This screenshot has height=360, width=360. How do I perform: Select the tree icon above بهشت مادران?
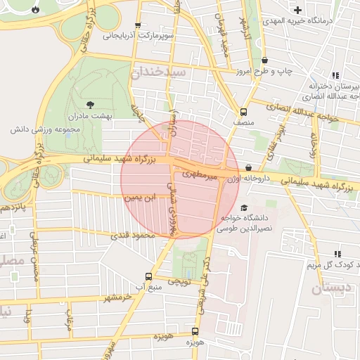pos(73,103)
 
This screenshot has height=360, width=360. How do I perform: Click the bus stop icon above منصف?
pos(243,112)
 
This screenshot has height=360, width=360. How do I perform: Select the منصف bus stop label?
pos(243,122)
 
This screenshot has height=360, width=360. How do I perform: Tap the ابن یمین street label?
pos(138,199)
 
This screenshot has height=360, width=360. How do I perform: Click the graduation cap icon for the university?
pos(243,208)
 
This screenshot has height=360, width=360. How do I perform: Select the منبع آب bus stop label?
pos(147,287)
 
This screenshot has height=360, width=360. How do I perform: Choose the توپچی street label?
pos(178,281)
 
